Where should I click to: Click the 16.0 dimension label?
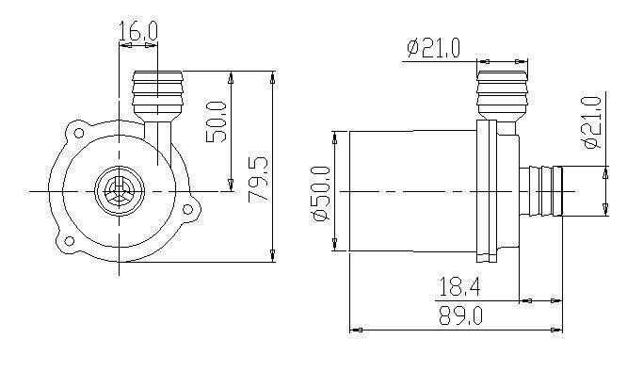tap(137, 30)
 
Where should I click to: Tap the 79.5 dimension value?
tap(259, 179)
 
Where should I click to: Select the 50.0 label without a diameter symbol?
tap(216, 121)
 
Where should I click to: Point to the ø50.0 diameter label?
tap(322, 193)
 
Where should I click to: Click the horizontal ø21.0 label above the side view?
tap(434, 48)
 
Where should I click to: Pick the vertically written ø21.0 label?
tap(591, 122)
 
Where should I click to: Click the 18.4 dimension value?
tap(459, 287)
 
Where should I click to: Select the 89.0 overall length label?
tap(461, 315)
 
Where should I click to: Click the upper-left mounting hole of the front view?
tap(78, 133)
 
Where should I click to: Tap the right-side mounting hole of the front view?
tap(187, 209)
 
